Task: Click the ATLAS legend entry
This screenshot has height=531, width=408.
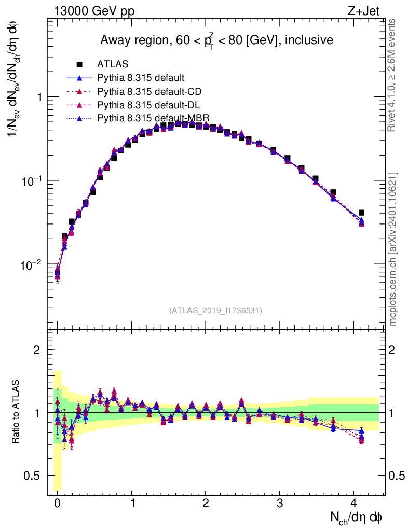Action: [112, 64]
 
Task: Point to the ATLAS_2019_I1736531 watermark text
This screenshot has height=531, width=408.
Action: [215, 310]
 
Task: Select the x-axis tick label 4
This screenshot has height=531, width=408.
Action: [353, 503]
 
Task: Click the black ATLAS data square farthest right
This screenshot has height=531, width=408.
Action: [361, 213]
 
